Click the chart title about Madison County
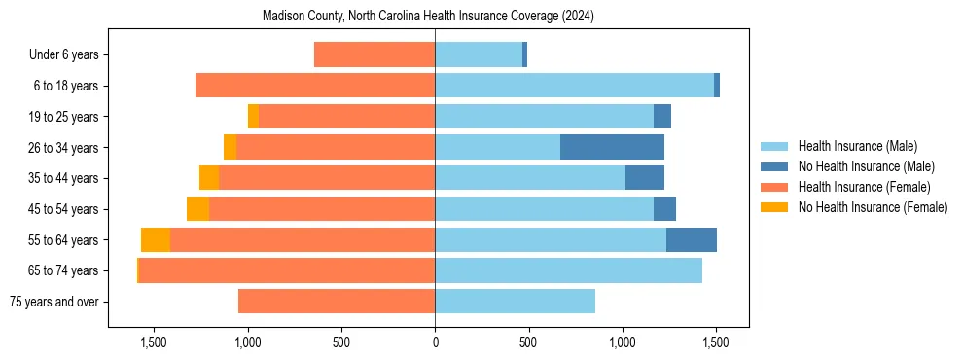tap(428, 17)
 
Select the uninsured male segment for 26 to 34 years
tap(612, 147)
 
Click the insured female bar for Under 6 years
tap(374, 54)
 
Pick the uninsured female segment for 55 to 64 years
tap(156, 240)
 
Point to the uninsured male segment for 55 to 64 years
tap(692, 240)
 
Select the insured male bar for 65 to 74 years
tap(568, 270)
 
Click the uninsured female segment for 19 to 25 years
tap(254, 117)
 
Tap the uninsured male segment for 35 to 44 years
tap(645, 178)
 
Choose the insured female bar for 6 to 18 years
tap(315, 86)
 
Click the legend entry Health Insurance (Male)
tap(857, 147)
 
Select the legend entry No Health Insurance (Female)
tap(873, 207)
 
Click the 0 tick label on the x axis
tap(435, 342)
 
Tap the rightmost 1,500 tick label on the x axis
tap(716, 342)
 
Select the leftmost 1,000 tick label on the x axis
tap(247, 342)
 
